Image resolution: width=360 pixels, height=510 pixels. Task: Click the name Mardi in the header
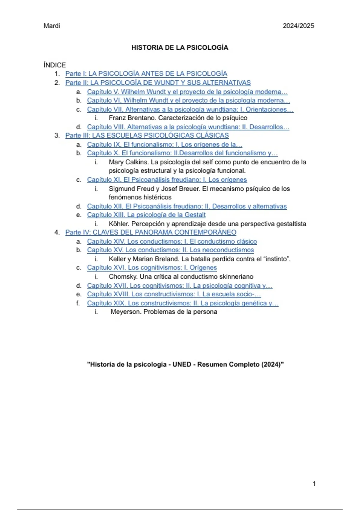(52, 26)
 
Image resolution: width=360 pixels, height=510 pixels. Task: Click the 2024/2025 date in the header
(298, 26)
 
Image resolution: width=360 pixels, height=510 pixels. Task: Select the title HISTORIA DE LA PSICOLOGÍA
(180, 47)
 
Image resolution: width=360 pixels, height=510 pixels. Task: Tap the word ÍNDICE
(55, 65)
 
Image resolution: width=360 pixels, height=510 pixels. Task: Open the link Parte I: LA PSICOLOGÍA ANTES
(146, 73)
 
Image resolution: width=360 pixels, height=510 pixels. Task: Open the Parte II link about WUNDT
(158, 82)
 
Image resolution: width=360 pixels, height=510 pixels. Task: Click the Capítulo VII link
(190, 109)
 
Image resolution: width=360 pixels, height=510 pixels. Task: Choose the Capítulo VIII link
(188, 127)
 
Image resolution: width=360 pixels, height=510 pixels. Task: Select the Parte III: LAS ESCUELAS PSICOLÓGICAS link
(147, 135)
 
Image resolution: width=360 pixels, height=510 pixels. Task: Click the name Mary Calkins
(128, 162)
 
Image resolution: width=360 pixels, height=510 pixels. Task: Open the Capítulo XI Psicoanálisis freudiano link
(167, 179)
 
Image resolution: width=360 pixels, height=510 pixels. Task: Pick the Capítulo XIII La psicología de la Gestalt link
(146, 215)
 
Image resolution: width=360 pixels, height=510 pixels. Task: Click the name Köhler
(118, 224)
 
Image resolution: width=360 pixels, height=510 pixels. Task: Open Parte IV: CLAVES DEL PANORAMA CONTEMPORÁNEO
(151, 232)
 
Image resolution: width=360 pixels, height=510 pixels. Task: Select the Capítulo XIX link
(183, 303)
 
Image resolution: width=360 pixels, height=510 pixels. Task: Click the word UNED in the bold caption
(181, 364)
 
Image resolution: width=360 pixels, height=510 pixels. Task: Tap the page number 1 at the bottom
(314, 484)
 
